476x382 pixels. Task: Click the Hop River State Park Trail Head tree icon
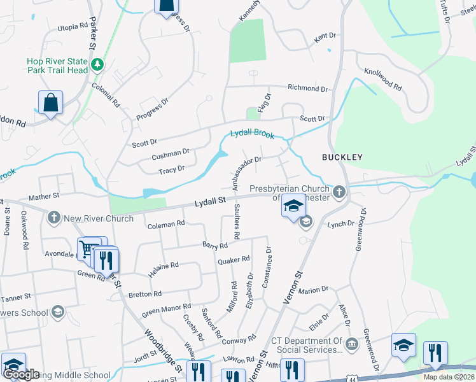click(97, 64)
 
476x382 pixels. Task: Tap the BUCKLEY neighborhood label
click(342, 157)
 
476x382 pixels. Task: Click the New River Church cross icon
click(53, 218)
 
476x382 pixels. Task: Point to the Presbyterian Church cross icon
click(340, 192)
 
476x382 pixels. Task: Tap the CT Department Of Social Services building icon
click(351, 345)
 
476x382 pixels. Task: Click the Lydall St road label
click(210, 201)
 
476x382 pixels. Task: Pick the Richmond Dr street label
click(307, 88)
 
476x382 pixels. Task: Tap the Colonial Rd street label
click(106, 93)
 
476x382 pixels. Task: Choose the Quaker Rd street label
click(233, 260)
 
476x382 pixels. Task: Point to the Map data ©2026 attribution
click(449, 377)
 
